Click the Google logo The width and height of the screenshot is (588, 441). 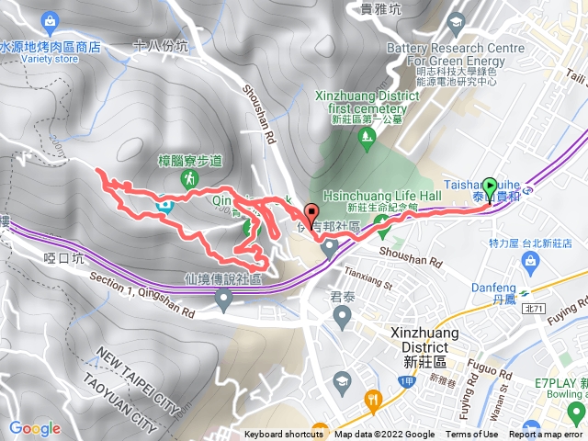point(35,429)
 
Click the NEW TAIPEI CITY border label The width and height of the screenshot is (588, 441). point(141,372)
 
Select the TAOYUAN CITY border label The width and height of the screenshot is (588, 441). point(121,396)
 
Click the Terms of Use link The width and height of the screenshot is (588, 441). point(471,435)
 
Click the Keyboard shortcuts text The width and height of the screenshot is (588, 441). point(284,435)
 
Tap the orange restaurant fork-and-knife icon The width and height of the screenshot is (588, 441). point(372,400)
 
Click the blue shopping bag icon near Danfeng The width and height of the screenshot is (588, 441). point(528,263)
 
